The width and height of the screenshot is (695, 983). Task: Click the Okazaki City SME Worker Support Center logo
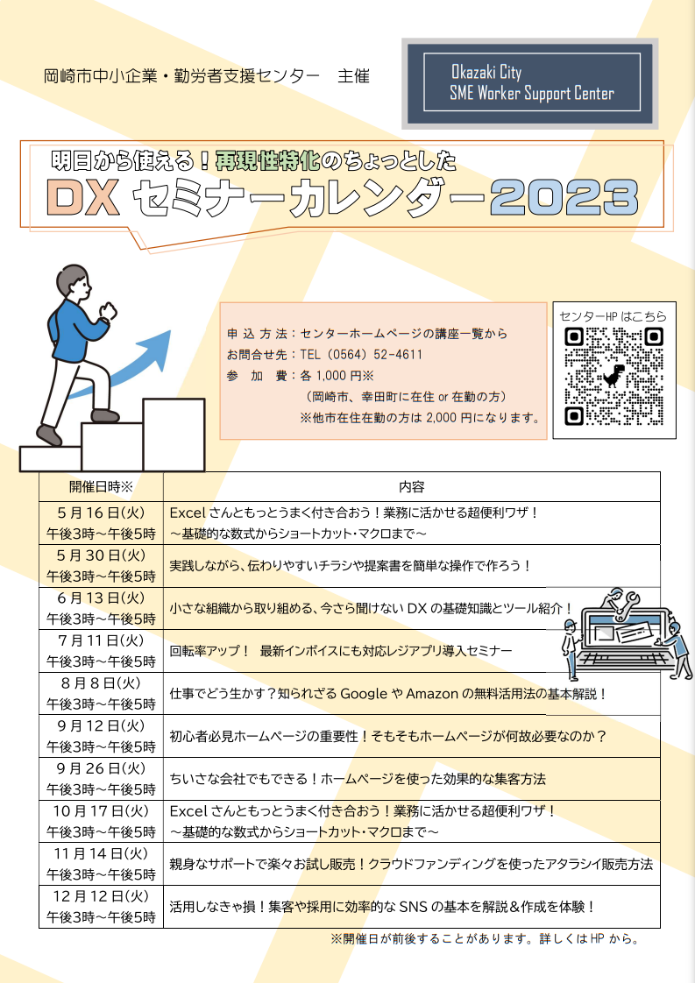[x=530, y=83]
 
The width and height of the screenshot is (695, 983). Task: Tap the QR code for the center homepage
[x=614, y=376]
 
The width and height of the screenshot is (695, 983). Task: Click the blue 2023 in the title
[x=564, y=197]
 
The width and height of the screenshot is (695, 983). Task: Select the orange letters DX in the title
[x=82, y=197]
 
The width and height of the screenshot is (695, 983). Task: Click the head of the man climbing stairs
[x=73, y=283]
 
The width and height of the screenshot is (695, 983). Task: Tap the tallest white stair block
[x=174, y=434]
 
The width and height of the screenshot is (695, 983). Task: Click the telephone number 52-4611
[x=398, y=355]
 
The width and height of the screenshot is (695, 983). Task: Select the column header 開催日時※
[x=101, y=487]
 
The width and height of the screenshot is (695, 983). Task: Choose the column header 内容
[x=412, y=487]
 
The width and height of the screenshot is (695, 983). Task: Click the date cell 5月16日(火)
[x=101, y=513]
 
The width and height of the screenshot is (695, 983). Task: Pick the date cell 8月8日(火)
[x=101, y=683]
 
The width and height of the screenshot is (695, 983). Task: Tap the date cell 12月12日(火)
[x=101, y=896]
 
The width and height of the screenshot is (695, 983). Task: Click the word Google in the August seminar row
[x=364, y=694]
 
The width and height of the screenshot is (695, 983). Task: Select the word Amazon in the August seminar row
[x=432, y=694]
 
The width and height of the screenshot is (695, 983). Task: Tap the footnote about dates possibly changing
[x=485, y=939]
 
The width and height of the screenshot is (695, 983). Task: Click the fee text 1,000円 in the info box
[x=344, y=376]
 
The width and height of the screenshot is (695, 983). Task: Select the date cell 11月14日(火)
[x=101, y=854]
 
